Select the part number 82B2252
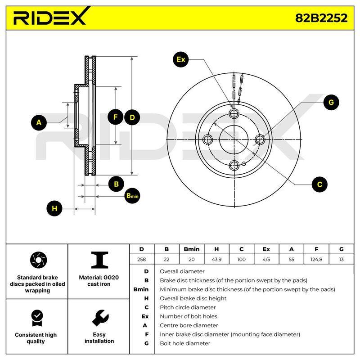pyautogui.click(x=321, y=18)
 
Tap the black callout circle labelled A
pyautogui.click(x=39, y=122)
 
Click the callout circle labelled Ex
pyautogui.click(x=181, y=59)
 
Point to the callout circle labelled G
pyautogui.click(x=331, y=102)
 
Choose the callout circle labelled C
pyautogui.click(x=319, y=184)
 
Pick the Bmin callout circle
pyautogui.click(x=132, y=196)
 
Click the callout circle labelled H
pyautogui.click(x=54, y=208)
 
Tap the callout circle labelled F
pyautogui.click(x=116, y=117)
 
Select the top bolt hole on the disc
pyautogui.click(x=234, y=113)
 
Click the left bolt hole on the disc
pyautogui.click(x=208, y=139)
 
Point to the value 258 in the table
pyautogui.click(x=141, y=260)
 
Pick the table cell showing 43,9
pyautogui.click(x=216, y=260)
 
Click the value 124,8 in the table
pyautogui.click(x=316, y=260)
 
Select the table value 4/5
pyautogui.click(x=266, y=260)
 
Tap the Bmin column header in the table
pyautogui.click(x=192, y=249)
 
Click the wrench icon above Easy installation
pyautogui.click(x=100, y=318)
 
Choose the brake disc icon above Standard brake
pyautogui.click(x=38, y=260)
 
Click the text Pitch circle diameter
pyautogui.click(x=188, y=307)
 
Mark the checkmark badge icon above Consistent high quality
pyautogui.click(x=37, y=318)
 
